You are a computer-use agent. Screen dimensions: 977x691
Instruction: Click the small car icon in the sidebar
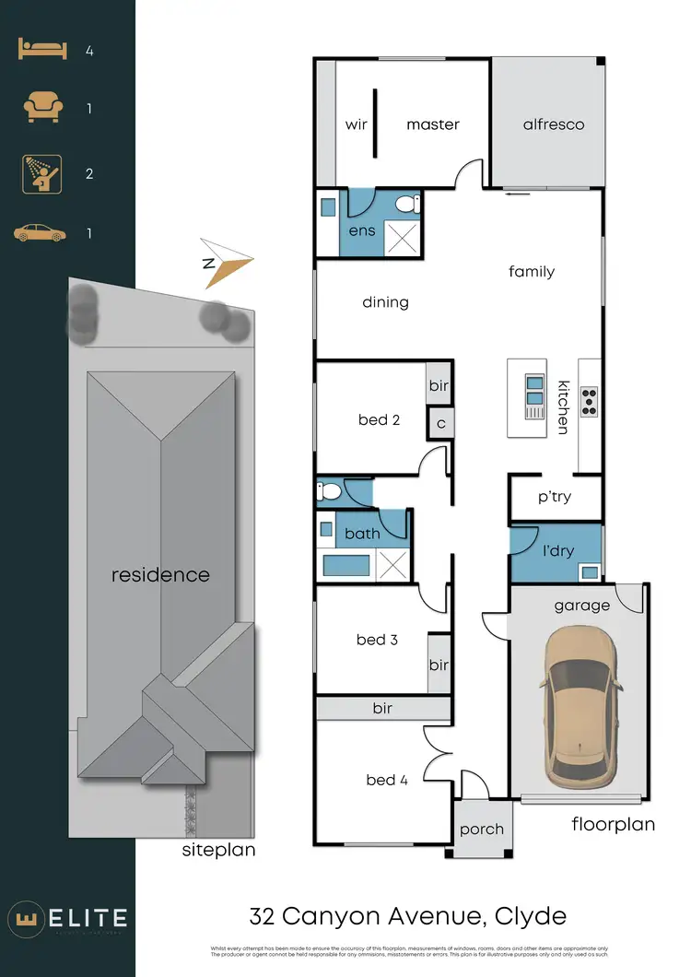(x=41, y=233)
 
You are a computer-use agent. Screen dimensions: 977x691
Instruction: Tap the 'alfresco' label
(x=554, y=124)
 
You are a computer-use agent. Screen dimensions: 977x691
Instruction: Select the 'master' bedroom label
(x=432, y=124)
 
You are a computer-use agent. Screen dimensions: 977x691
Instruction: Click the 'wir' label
(x=357, y=124)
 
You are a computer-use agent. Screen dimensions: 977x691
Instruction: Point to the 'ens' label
(x=362, y=230)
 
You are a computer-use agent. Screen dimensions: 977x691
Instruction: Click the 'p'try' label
(x=555, y=497)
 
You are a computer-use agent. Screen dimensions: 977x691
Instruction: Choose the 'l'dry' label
(x=557, y=551)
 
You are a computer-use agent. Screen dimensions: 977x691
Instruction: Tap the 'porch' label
(x=482, y=829)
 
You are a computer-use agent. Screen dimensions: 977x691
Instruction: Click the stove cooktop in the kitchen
(x=590, y=399)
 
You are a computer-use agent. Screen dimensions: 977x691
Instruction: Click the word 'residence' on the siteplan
(x=160, y=575)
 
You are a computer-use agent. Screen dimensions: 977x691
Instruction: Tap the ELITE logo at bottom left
(x=68, y=918)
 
